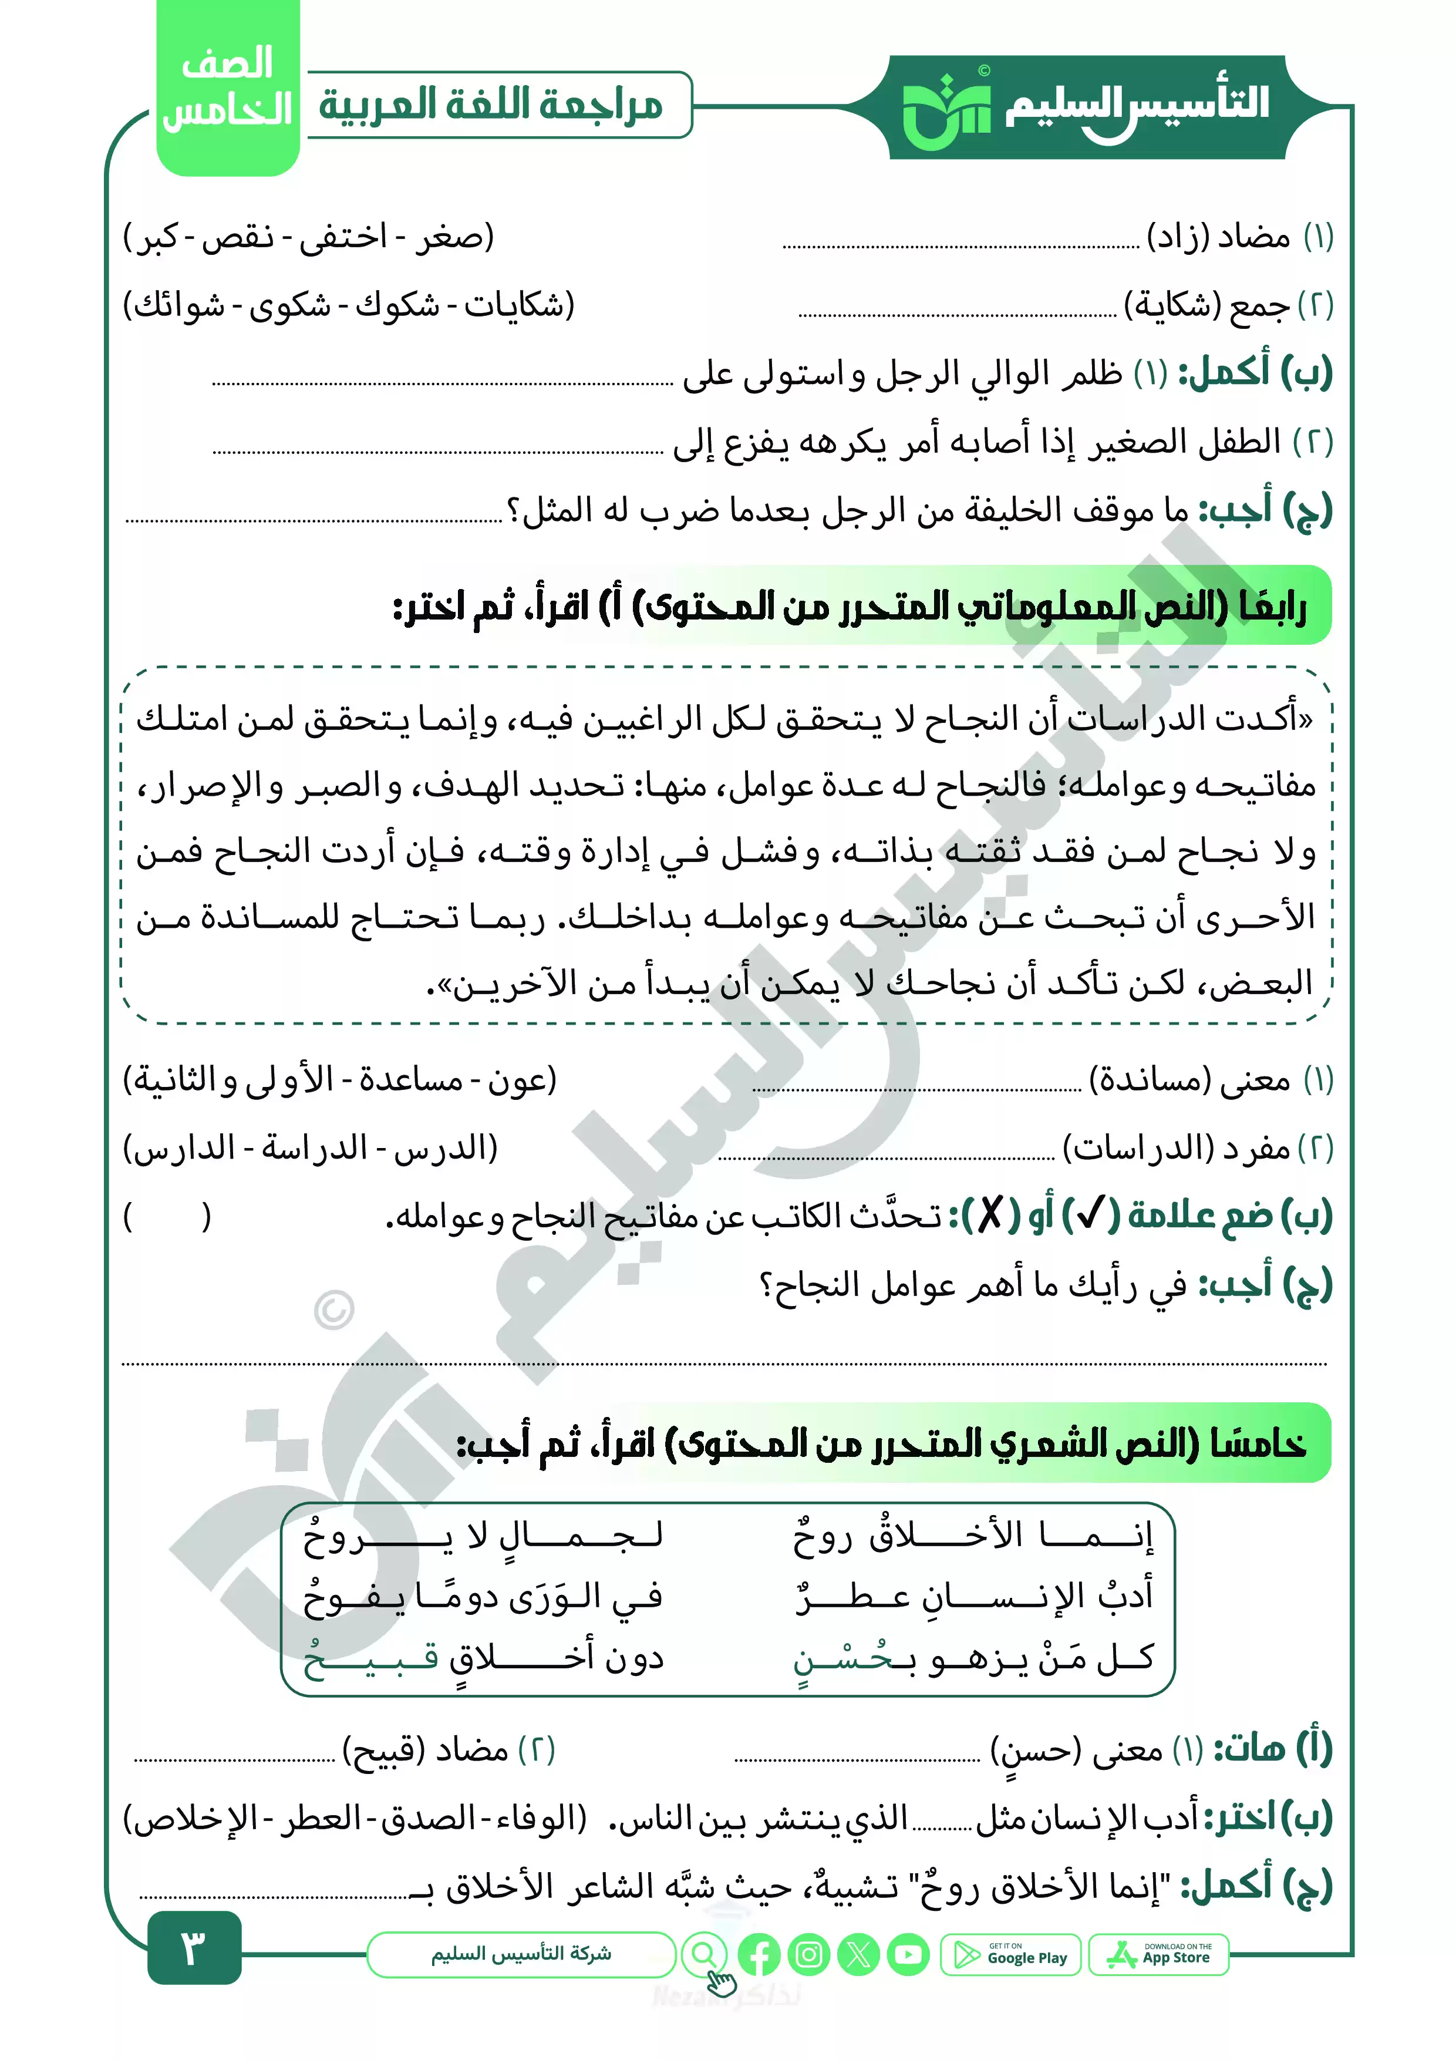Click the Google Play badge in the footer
1011,1954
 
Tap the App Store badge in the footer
1158,1954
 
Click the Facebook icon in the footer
759,1954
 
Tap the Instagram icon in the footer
808,1954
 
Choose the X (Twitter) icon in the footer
858,1954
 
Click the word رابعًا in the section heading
1273,607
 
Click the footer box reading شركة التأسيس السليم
520,1954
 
